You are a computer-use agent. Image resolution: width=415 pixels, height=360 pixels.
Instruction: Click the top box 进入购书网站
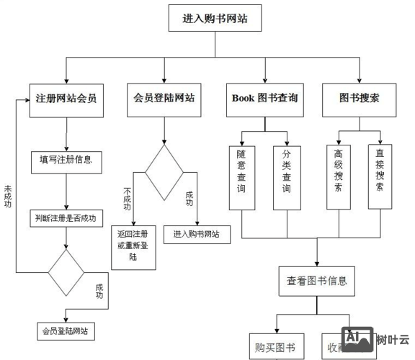click(215, 18)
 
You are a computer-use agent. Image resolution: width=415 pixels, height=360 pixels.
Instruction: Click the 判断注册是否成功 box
click(66, 217)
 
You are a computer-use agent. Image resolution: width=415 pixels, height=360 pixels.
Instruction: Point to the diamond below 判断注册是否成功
click(66, 272)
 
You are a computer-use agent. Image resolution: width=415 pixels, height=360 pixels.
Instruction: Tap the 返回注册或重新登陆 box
click(135, 246)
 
